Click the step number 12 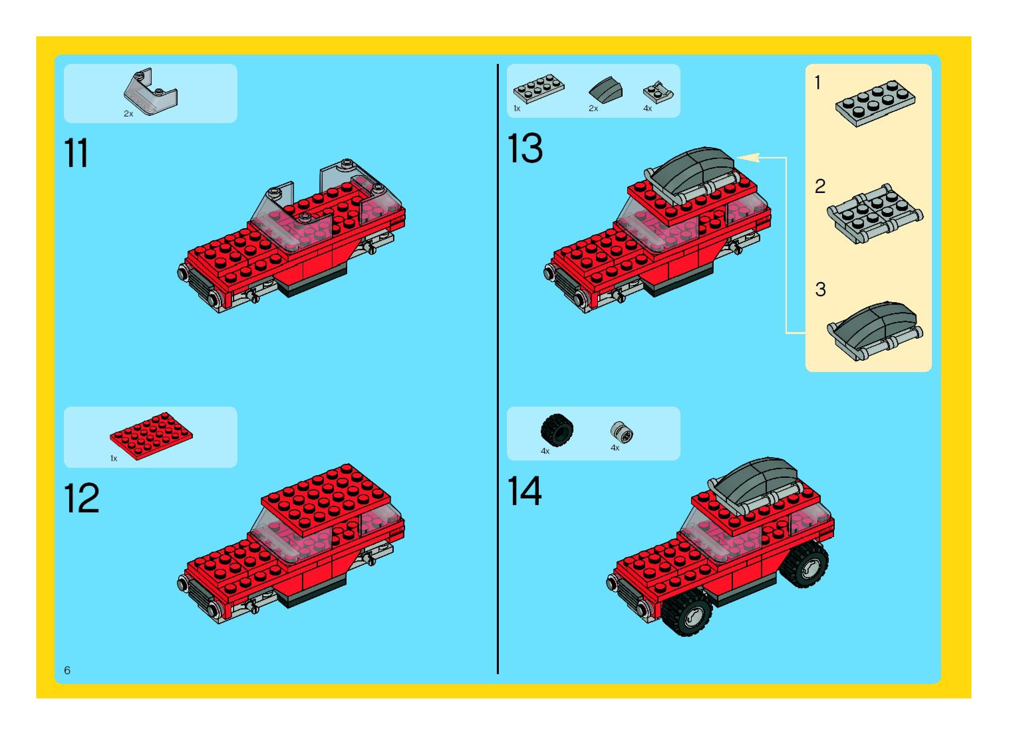click(x=81, y=498)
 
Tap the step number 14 click(x=525, y=491)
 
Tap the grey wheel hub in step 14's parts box click(x=621, y=432)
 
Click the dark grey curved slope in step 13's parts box click(x=606, y=90)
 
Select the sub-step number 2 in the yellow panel click(x=820, y=186)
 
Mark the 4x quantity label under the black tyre click(x=545, y=451)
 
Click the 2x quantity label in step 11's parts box click(x=129, y=114)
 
